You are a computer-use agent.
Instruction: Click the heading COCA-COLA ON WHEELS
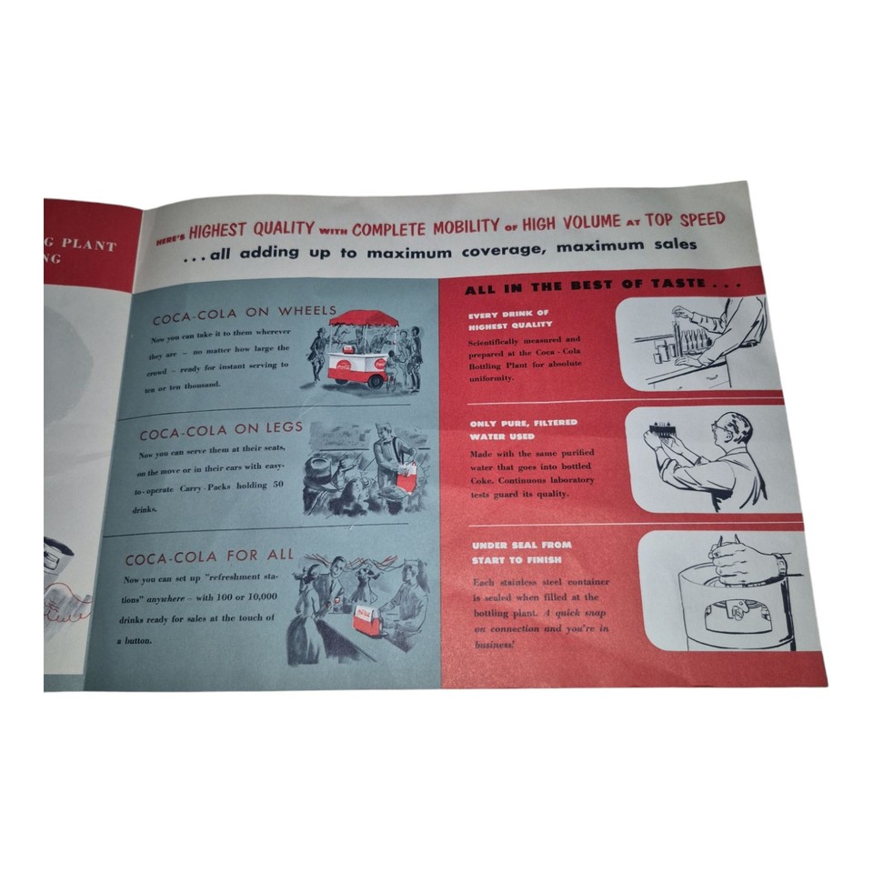(244, 311)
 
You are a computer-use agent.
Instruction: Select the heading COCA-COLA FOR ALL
(210, 557)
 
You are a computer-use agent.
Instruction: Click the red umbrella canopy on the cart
(364, 318)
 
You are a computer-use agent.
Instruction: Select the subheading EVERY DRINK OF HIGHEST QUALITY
(510, 319)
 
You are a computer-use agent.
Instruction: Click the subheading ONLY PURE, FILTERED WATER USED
(523, 429)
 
